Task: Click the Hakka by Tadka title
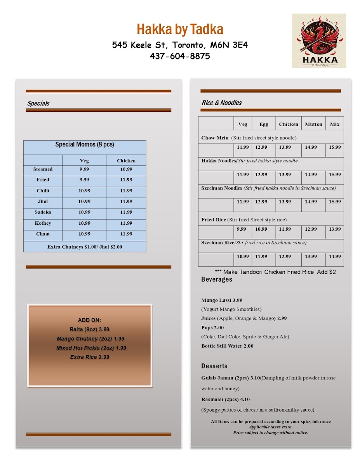coord(180,29)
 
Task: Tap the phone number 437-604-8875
coord(180,56)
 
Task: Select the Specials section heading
coord(38,103)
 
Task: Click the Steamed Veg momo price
coord(84,169)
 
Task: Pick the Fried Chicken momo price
coord(126,180)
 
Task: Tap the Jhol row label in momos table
coord(43,202)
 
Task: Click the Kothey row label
coord(43,223)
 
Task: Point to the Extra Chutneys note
coord(85,247)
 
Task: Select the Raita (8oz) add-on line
coord(89,329)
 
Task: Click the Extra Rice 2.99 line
coord(89,357)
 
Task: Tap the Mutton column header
coord(313,124)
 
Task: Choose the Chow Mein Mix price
coord(334,147)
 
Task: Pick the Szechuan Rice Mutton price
coord(311,256)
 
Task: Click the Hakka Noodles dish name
coord(219,161)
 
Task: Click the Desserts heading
coord(214,366)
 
